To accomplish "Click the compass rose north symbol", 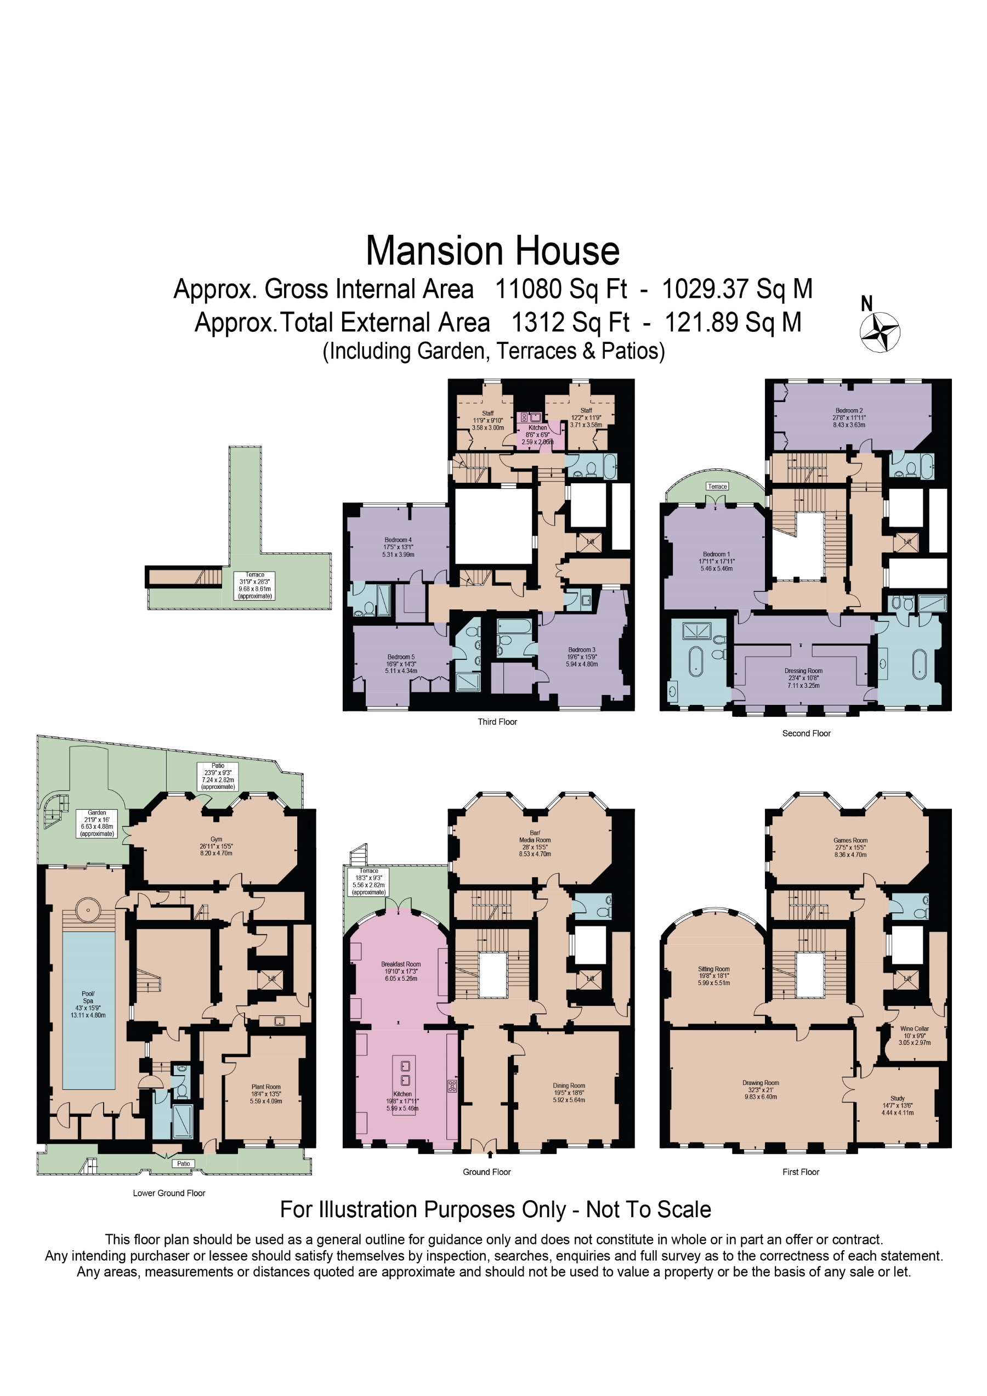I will [x=880, y=332].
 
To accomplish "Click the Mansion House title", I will [x=492, y=251].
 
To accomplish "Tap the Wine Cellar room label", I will [x=914, y=1028].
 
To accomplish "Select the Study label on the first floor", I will [x=897, y=1098].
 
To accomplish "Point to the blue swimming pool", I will [x=89, y=1010].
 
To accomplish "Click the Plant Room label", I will [x=266, y=1087].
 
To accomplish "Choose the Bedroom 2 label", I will [x=848, y=410].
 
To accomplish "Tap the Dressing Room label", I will [x=803, y=671].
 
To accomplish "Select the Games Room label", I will [x=850, y=840].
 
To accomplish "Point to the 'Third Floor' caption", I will [x=497, y=722].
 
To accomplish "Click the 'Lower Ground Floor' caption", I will [x=169, y=1193].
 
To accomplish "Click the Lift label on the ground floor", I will [x=590, y=979].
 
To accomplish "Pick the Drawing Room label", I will [x=761, y=1083].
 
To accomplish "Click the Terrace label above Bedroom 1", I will [x=717, y=487].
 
